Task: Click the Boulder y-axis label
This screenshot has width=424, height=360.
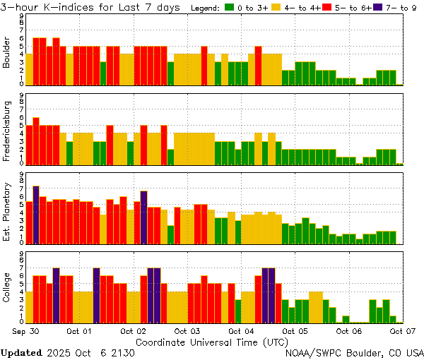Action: pos(7,52)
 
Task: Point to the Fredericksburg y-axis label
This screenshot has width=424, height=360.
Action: pos(7,128)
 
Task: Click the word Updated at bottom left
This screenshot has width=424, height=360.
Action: pos(20,352)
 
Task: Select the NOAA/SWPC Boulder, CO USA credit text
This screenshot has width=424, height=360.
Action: pos(355,352)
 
